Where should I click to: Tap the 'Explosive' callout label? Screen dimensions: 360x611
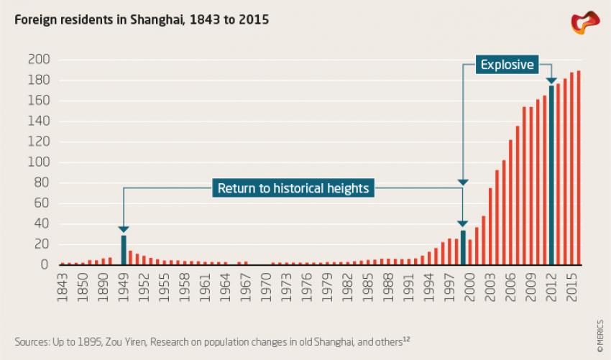pos(507,65)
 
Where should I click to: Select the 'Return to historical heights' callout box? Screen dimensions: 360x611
pos(293,189)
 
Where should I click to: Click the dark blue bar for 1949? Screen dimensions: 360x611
pos(124,250)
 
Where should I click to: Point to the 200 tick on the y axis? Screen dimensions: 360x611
pos(39,59)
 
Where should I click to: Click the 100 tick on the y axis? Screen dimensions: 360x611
pos(39,162)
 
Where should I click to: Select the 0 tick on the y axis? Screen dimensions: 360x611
pos(45,265)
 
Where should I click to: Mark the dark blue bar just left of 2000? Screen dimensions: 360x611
pos(463,247)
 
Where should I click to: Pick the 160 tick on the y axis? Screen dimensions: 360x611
pos(39,101)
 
